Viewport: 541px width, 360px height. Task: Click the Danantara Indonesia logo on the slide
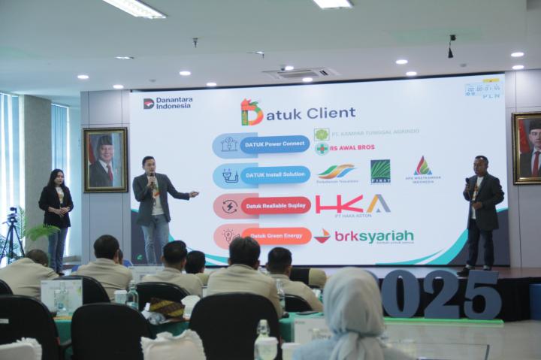click(167, 103)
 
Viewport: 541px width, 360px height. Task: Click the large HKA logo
click(352, 204)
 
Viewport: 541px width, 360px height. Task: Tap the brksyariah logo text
click(373, 236)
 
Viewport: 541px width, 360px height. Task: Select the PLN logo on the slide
click(491, 95)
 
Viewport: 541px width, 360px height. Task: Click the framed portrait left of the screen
click(104, 159)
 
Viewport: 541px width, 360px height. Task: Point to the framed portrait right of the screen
click(527, 147)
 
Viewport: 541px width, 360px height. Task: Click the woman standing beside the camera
click(56, 218)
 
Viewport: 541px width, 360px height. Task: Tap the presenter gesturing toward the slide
click(156, 207)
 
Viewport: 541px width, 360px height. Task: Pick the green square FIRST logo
click(380, 171)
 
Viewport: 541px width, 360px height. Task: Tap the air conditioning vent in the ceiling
click(299, 73)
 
